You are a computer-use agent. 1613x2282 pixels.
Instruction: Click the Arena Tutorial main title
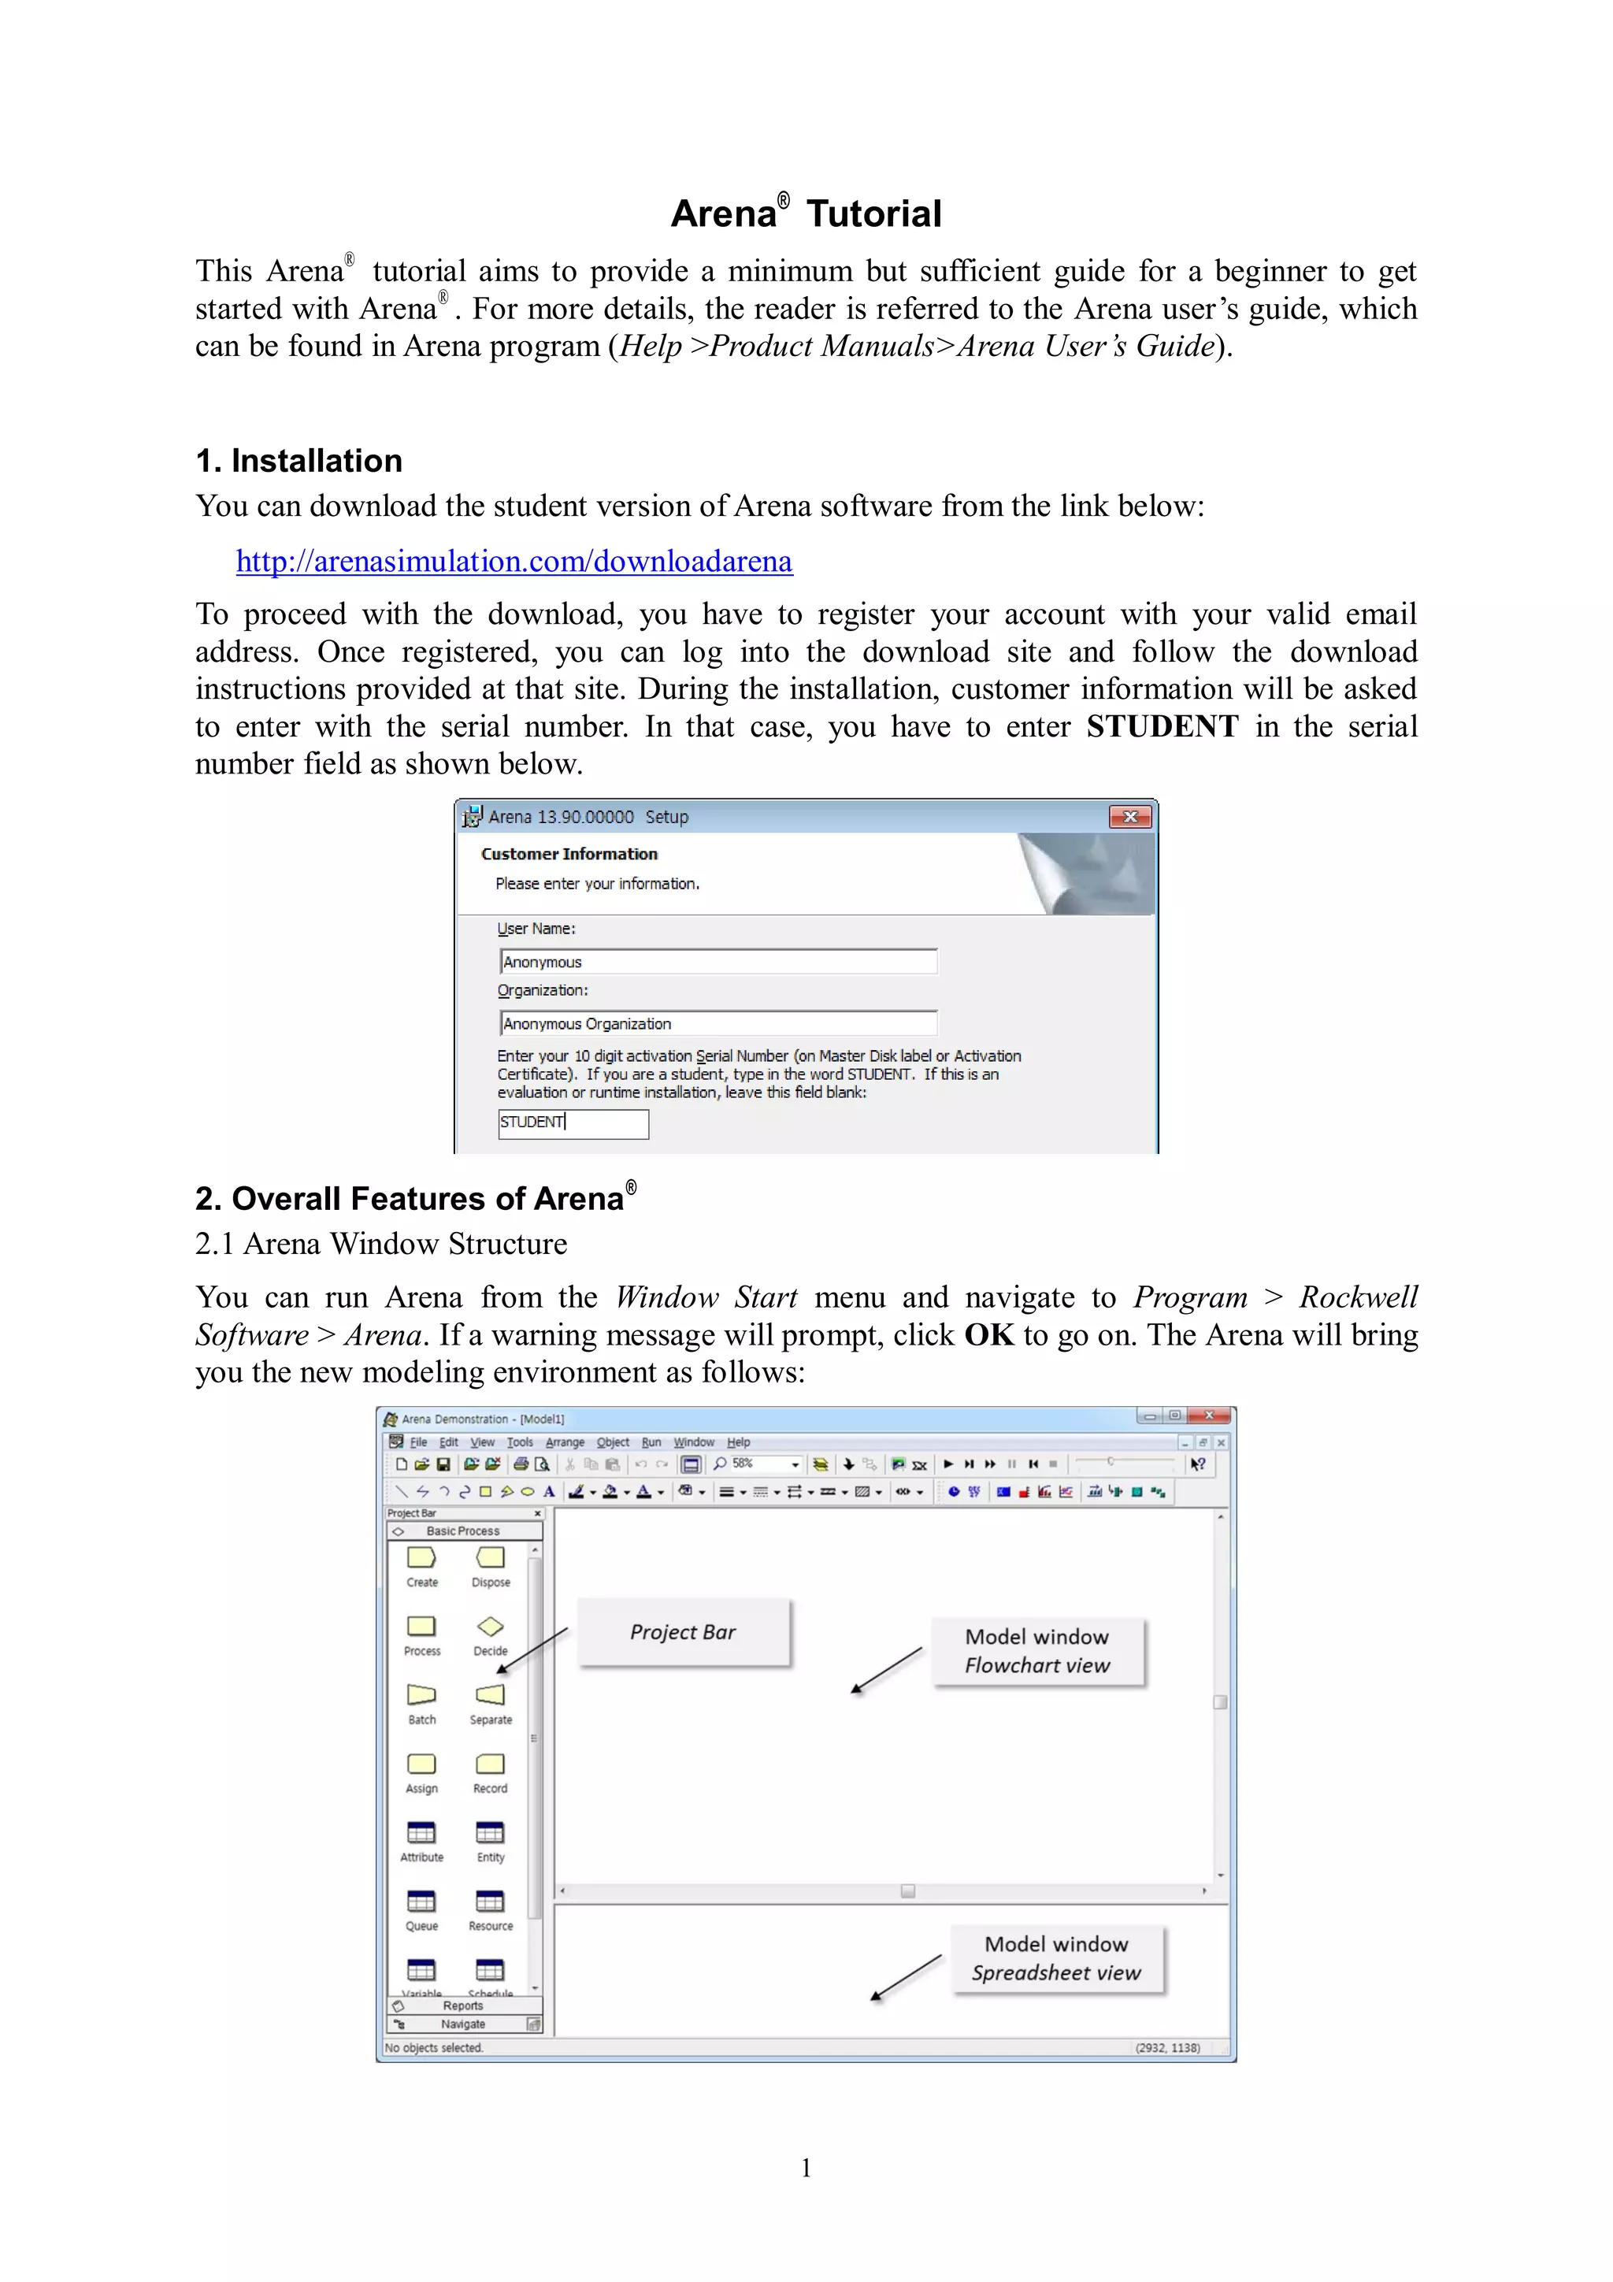click(x=806, y=213)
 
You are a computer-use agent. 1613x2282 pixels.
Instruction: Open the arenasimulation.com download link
click(x=514, y=562)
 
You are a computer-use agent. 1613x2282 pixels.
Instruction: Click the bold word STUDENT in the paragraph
click(x=1162, y=726)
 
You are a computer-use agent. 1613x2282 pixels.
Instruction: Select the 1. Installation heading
click(x=299, y=461)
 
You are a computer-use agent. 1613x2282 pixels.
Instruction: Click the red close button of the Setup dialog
click(x=1130, y=817)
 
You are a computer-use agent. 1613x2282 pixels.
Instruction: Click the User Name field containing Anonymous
click(x=718, y=962)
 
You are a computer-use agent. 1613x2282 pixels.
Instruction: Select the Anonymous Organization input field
click(x=718, y=1024)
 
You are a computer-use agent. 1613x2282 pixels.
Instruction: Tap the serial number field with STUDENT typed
click(x=573, y=1123)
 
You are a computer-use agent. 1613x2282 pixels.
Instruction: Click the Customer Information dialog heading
click(x=569, y=854)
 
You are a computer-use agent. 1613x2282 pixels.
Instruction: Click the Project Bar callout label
click(x=683, y=1632)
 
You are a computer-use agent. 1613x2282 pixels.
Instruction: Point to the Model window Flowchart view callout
click(x=1036, y=1651)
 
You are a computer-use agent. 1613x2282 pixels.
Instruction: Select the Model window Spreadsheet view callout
click(x=1056, y=1958)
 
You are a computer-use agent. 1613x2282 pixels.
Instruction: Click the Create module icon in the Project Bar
click(x=421, y=1557)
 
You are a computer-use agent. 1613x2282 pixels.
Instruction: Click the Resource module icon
click(x=490, y=1902)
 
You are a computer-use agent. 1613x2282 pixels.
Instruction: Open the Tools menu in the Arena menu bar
click(x=520, y=1442)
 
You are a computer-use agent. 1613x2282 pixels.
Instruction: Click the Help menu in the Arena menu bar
click(x=739, y=1442)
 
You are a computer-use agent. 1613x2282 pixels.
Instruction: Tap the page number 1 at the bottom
click(x=806, y=2168)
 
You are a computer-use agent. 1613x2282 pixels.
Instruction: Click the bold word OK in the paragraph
click(x=989, y=1335)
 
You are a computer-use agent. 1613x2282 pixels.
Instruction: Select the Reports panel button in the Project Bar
click(x=463, y=2006)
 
